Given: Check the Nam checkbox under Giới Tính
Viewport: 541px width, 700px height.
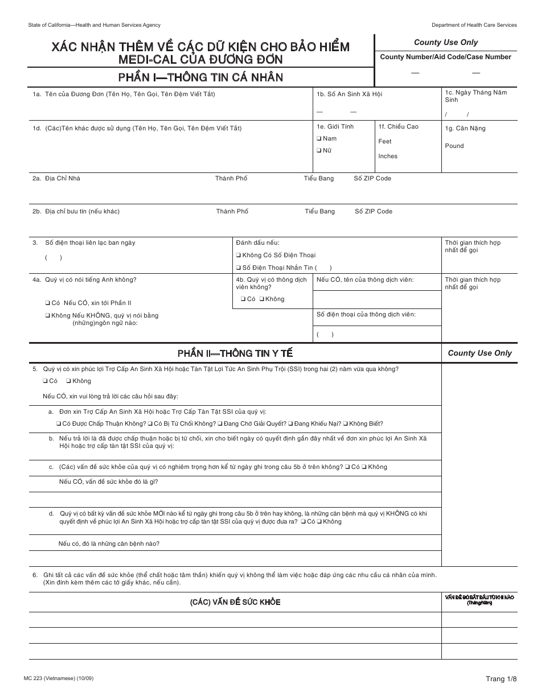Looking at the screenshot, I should click(319, 138).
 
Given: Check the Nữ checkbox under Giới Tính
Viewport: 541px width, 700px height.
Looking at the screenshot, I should click(319, 151).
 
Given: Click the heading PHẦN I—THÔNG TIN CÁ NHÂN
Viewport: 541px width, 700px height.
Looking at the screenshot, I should click(200, 77).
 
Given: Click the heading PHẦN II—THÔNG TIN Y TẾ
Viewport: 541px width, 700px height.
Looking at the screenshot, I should click(235, 353).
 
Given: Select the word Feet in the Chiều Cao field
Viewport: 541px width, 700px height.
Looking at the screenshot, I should click(385, 141).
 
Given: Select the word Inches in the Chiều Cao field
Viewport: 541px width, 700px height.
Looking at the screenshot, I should click(388, 156).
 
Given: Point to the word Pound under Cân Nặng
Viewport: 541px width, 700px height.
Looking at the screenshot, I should click(454, 146).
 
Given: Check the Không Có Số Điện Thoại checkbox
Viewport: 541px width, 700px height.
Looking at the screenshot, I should click(239, 256).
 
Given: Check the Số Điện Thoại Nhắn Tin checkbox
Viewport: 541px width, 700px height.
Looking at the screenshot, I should click(239, 267).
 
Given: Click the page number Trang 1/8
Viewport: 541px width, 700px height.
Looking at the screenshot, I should click(501, 679).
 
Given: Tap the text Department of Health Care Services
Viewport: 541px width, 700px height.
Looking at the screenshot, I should click(474, 25).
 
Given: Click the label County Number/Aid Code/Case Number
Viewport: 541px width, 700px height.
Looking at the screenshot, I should click(445, 57).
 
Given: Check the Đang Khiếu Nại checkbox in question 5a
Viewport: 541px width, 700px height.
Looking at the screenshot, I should click(290, 424).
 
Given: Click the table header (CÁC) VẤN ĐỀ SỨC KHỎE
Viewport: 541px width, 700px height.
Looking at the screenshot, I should click(235, 602).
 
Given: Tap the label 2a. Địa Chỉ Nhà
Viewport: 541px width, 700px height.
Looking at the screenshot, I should click(56, 179).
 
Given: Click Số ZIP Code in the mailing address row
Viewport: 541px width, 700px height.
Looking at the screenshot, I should click(374, 212).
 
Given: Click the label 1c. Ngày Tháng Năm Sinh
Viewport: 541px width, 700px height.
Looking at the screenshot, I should click(476, 96).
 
